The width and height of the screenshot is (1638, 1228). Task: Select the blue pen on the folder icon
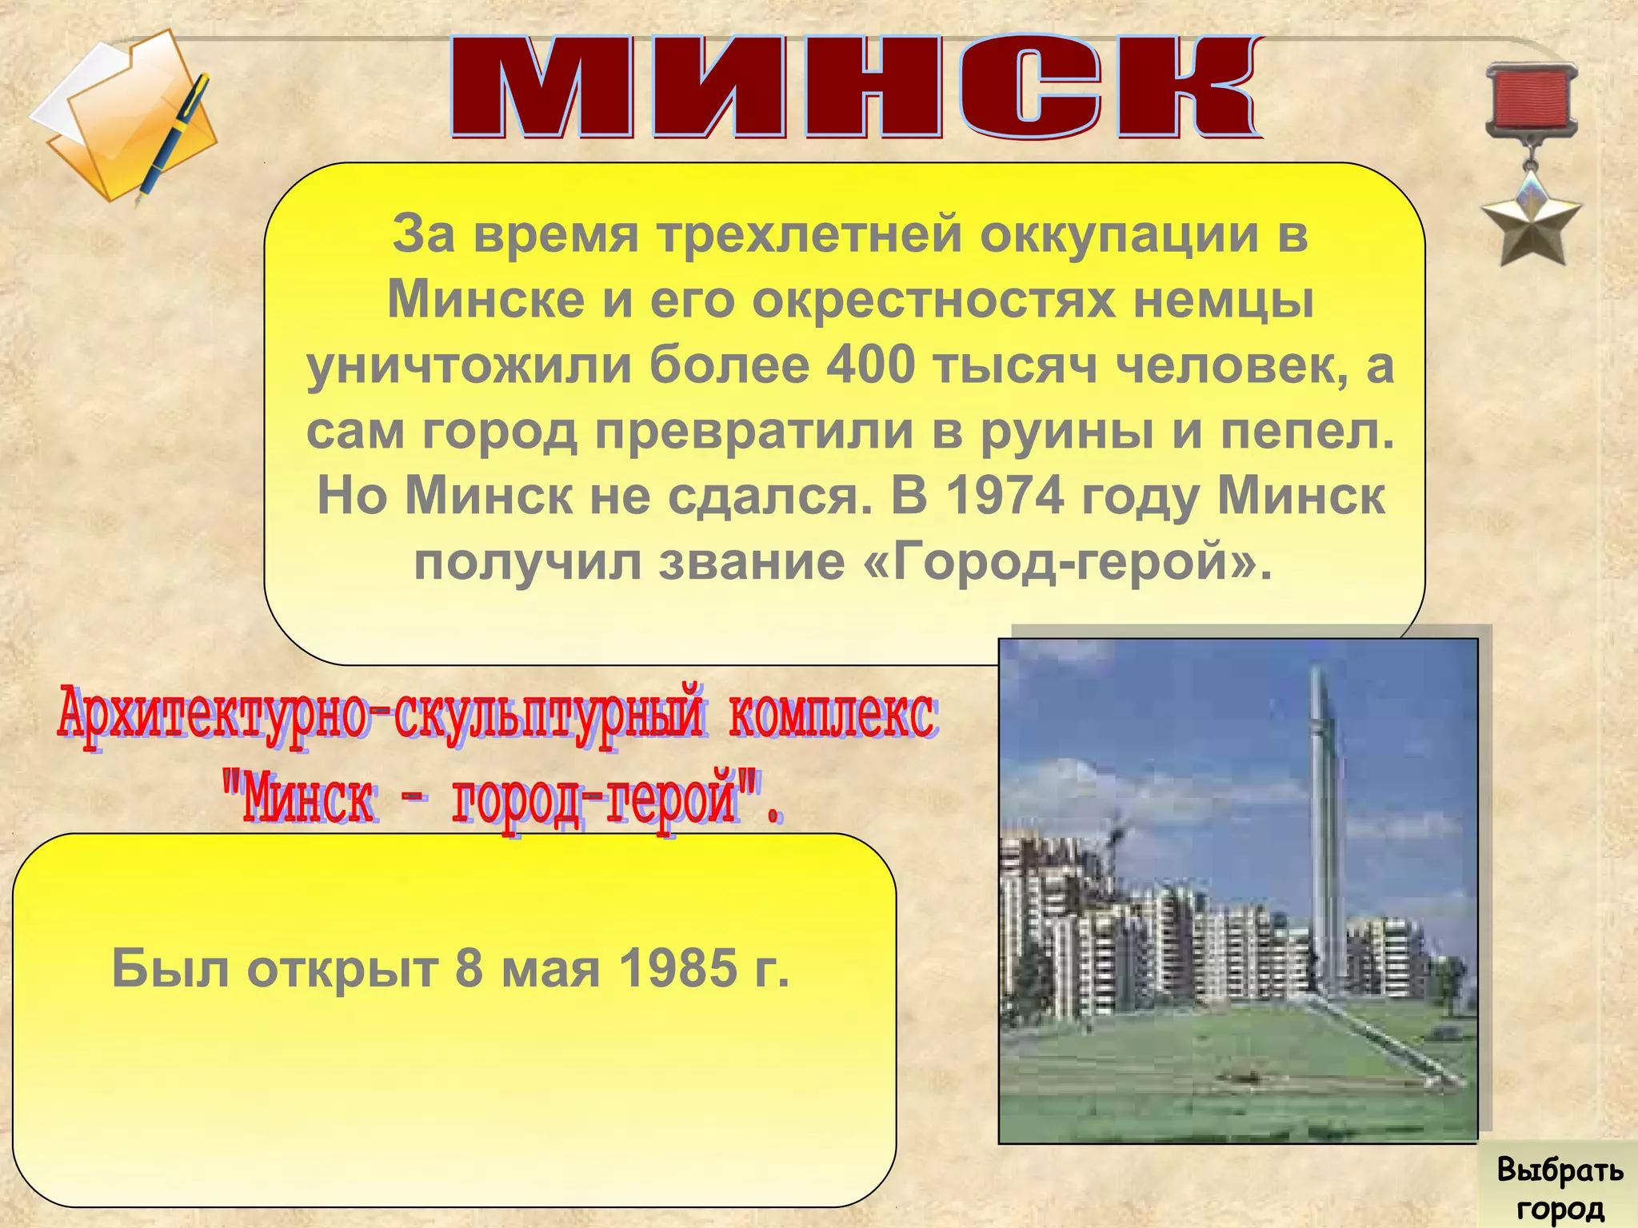tap(175, 136)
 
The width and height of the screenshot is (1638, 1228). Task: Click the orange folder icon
tap(128, 120)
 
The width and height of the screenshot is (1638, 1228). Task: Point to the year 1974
tap(1005, 496)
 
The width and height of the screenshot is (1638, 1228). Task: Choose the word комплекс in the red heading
tap(832, 714)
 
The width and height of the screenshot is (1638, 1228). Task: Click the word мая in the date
tap(551, 968)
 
